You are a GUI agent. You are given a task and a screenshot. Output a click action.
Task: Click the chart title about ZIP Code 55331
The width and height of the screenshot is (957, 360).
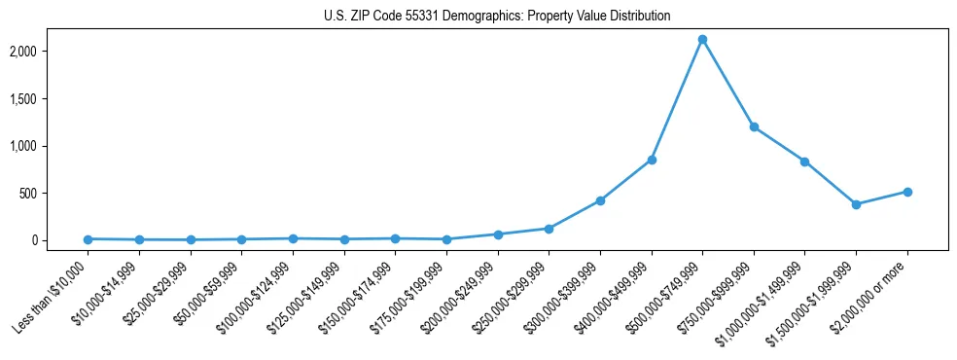tap(497, 16)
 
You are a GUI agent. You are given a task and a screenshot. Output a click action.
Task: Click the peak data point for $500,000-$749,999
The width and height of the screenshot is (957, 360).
tap(702, 39)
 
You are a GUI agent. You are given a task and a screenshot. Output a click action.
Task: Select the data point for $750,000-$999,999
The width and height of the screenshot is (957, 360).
tap(754, 126)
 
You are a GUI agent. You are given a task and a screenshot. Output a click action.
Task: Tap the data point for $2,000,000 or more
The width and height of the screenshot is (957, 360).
tap(907, 192)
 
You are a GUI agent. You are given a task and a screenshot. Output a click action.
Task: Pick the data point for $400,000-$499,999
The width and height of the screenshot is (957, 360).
tap(652, 160)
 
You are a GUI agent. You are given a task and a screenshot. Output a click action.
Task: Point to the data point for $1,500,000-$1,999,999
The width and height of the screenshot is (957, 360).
tap(856, 204)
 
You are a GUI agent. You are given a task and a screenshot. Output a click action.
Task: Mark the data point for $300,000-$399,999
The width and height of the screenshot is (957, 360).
tap(600, 200)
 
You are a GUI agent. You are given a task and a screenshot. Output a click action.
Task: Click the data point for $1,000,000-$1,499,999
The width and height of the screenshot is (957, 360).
tap(804, 162)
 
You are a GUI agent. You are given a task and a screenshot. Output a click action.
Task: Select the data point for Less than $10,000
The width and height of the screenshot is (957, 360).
tap(89, 239)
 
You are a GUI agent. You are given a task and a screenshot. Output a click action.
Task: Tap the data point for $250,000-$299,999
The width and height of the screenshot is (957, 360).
tap(549, 229)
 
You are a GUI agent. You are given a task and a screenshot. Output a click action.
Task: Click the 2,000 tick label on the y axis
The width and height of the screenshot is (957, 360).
tap(51, 52)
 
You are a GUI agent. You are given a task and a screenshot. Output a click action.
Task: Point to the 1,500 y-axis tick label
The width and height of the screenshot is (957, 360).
tap(51, 99)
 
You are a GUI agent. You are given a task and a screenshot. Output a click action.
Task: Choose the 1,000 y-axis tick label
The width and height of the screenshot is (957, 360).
tap(51, 146)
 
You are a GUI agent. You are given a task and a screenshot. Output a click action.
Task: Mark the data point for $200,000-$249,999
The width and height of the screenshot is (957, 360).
tap(498, 234)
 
